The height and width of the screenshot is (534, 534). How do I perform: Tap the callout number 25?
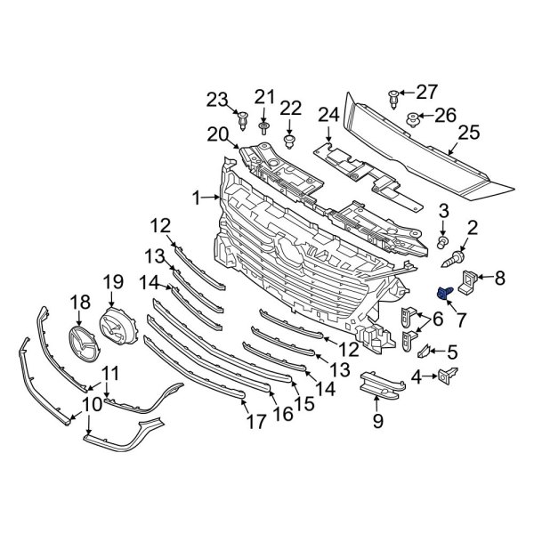pos(468,133)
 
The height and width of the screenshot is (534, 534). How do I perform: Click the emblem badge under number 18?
pos(82,341)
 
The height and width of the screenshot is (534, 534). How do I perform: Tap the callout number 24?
pos(329,114)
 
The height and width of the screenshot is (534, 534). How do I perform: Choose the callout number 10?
pos(91,405)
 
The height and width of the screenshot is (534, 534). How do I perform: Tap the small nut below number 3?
pos(443,241)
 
